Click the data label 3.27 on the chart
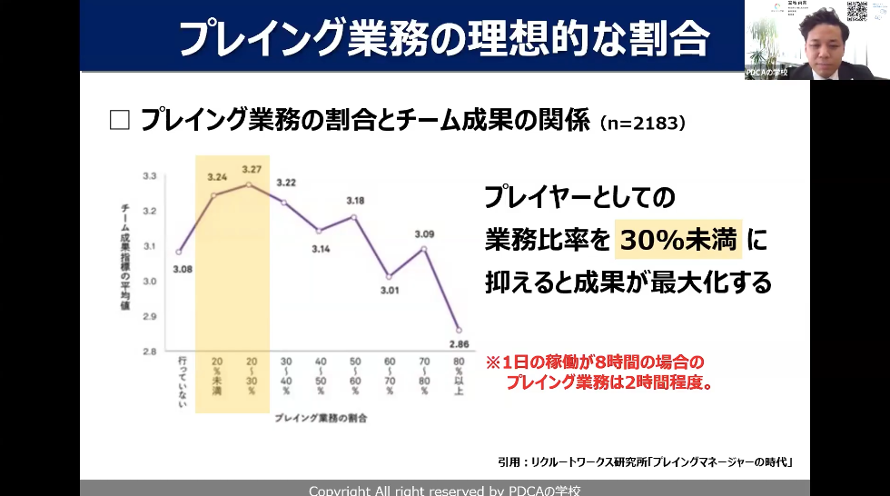(x=252, y=168)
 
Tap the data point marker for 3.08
(x=179, y=252)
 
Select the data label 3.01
(x=390, y=291)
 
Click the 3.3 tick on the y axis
(x=150, y=175)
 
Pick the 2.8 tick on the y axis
(x=150, y=351)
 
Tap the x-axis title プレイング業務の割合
(x=322, y=419)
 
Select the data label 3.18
(x=355, y=200)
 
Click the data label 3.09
(x=424, y=233)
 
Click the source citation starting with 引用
(x=646, y=461)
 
